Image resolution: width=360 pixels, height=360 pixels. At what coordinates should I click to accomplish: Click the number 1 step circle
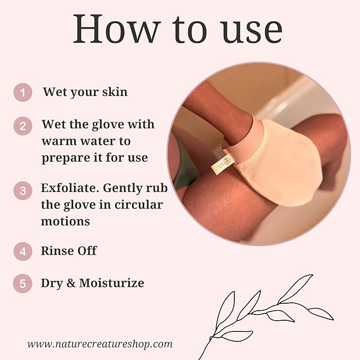tap(22, 93)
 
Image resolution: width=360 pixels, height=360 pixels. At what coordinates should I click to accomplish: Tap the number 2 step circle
tap(22, 127)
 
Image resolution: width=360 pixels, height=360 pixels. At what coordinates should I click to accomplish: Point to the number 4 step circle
tap(22, 251)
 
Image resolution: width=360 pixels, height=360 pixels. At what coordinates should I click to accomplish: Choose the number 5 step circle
tap(22, 283)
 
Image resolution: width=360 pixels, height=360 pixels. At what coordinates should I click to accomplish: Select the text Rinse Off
tap(69, 251)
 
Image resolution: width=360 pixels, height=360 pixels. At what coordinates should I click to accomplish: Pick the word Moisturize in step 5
tap(111, 283)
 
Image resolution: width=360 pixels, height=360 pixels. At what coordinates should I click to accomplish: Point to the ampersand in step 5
tap(71, 283)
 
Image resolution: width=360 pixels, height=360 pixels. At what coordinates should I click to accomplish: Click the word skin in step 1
tap(115, 92)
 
